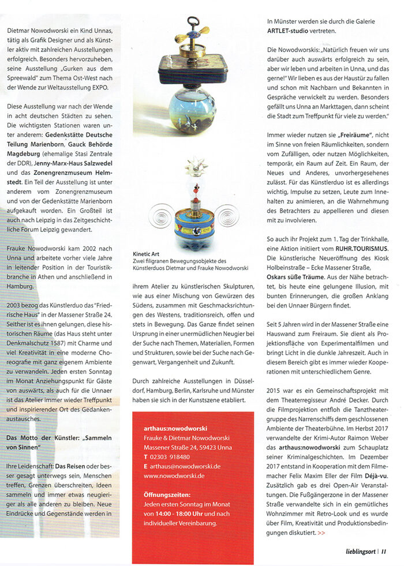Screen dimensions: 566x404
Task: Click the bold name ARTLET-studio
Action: [x=293, y=31]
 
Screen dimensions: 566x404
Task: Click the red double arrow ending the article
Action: [x=321, y=533]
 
